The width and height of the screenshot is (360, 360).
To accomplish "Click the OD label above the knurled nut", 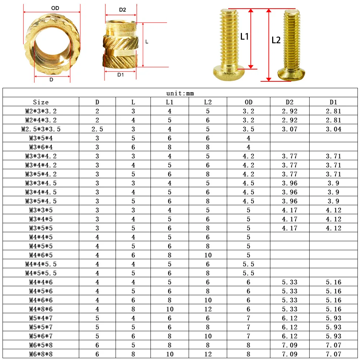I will (x=55, y=8).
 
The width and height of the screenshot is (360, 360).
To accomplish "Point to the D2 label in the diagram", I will (x=122, y=10).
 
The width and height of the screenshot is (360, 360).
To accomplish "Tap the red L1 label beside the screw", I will (x=244, y=36).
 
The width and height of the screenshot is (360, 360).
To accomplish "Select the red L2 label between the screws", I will (x=276, y=40).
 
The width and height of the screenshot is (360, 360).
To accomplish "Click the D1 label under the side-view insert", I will (x=121, y=75).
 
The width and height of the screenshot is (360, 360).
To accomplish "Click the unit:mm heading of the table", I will (x=180, y=93).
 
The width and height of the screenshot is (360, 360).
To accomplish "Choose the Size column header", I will (x=41, y=102).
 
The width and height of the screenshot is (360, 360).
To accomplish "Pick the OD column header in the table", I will (x=248, y=102).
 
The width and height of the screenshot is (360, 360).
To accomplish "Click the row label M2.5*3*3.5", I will (x=41, y=129).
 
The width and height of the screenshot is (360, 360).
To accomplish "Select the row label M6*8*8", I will (x=41, y=354).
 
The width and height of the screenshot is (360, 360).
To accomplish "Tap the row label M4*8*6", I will (x=41, y=309).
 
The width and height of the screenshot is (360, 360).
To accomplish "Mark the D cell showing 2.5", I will (x=97, y=129).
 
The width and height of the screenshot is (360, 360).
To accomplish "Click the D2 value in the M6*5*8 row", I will (x=289, y=345).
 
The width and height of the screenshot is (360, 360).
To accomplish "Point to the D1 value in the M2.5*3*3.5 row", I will (x=333, y=129).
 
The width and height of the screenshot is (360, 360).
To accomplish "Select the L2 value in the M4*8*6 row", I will (x=208, y=309).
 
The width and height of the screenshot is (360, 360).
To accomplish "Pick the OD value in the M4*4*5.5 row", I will (x=248, y=264).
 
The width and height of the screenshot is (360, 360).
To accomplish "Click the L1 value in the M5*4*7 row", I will (x=170, y=318).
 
